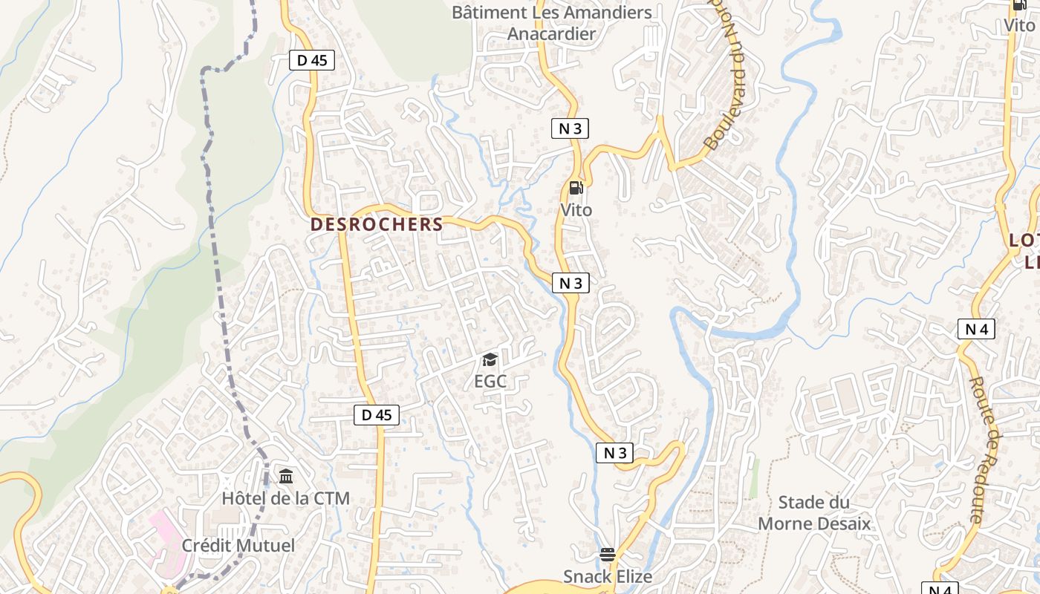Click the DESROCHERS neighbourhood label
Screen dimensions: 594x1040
377,224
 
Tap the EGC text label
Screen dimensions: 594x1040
490,382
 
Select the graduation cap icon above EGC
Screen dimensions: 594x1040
490,360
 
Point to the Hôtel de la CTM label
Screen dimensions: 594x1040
286,498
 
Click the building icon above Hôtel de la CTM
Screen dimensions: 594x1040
286,475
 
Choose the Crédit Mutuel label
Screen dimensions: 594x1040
238,546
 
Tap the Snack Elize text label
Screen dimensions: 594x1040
608,576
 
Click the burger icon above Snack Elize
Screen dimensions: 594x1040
608,554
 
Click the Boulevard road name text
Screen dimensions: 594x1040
726,97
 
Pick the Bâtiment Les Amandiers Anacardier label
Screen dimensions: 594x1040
552,23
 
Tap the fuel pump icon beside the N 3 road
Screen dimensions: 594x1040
576,188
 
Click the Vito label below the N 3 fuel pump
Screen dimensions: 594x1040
576,210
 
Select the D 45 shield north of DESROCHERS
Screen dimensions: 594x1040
312,60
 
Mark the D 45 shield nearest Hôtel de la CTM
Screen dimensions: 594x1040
377,415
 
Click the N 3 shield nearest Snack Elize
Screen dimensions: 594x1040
614,453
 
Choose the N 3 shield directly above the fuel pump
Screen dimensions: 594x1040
570,128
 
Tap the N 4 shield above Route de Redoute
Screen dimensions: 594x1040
976,329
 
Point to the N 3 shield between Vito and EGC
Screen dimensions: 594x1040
571,283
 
